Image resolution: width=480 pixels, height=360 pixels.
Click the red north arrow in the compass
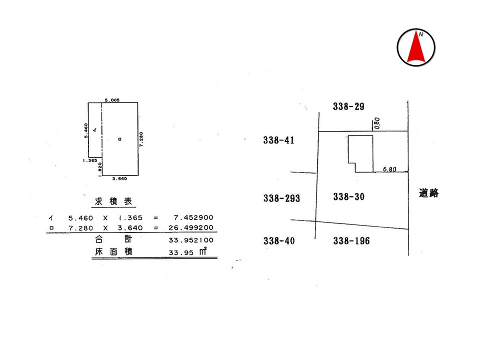[416, 47]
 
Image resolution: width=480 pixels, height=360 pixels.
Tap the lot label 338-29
[348, 106]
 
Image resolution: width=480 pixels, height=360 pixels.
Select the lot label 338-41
[278, 140]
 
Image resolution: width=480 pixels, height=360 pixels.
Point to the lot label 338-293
[281, 198]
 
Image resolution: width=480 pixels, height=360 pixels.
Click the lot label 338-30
[349, 197]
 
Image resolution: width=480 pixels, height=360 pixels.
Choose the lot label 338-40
[279, 241]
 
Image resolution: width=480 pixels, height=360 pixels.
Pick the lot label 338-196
[351, 241]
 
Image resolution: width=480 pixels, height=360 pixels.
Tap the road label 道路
[428, 193]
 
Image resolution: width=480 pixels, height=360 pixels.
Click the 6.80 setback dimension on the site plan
[389, 169]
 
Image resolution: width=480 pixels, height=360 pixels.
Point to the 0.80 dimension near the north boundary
[377, 123]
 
